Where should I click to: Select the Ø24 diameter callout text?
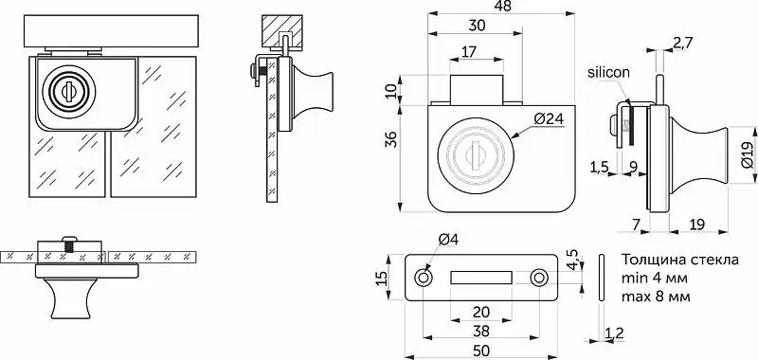550,118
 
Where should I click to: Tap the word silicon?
608,73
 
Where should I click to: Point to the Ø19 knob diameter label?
747,154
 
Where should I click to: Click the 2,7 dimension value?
682,43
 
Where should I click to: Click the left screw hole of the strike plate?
424,278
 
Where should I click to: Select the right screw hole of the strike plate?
538,278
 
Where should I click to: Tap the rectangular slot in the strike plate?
481,278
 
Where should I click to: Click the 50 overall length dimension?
480,350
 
